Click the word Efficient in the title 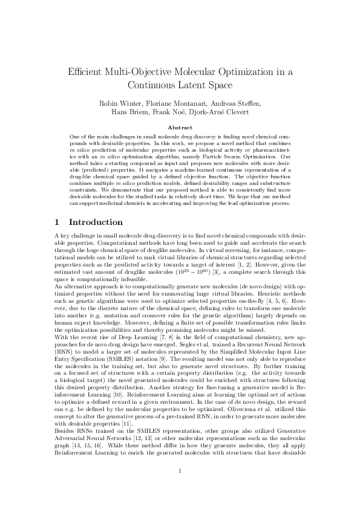[x=85, y=72]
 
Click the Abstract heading [x=180, y=128]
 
